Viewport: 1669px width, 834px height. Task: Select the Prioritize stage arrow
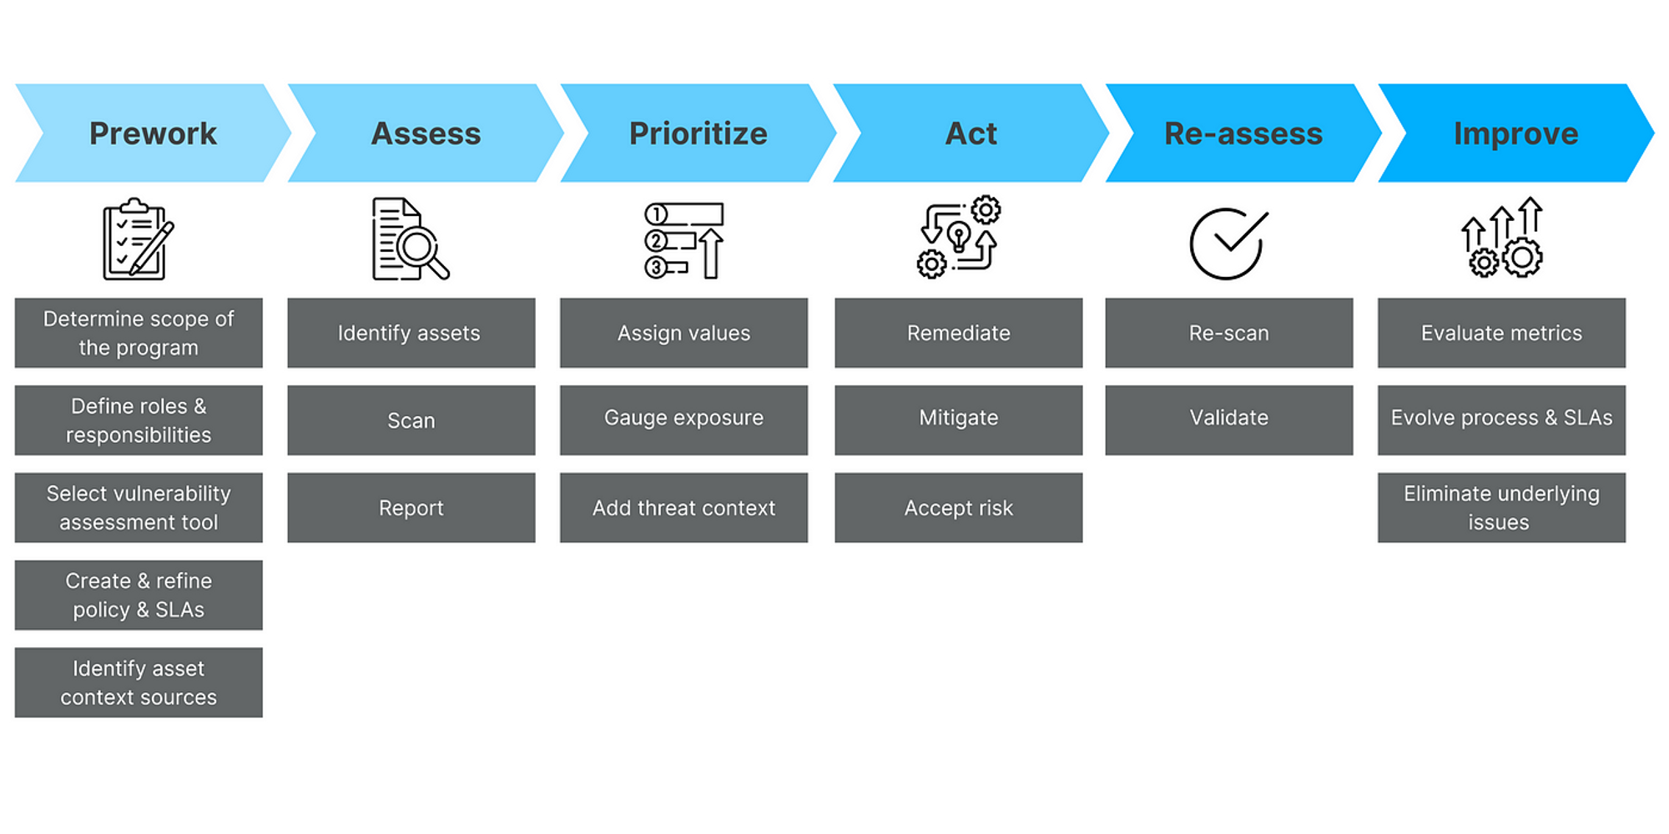(698, 133)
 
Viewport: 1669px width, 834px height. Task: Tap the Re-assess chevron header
(1243, 133)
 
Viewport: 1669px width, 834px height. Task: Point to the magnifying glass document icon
(410, 239)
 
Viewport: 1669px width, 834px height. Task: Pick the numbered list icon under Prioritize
(683, 240)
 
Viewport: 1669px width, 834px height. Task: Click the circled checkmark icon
(1228, 243)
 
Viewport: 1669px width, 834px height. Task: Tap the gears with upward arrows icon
(1502, 238)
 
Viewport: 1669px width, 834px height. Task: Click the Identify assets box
(411, 333)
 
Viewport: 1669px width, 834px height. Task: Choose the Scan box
(411, 420)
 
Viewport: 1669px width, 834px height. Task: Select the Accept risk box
(958, 508)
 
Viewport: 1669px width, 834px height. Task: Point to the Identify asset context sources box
(139, 682)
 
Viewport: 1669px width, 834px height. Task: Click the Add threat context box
(683, 508)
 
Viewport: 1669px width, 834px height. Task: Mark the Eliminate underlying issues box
(1501, 508)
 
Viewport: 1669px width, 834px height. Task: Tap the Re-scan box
(1229, 333)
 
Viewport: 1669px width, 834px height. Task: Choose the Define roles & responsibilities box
(139, 420)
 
